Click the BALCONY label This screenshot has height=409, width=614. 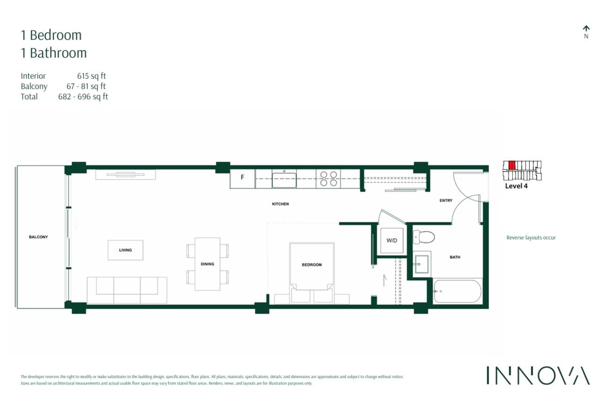tap(38, 237)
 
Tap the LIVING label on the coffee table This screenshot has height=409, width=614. tap(125, 250)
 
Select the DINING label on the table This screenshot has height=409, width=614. tap(207, 264)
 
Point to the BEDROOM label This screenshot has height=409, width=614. tap(312, 264)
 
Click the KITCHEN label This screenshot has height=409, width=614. tap(280, 204)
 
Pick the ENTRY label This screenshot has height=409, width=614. tap(446, 200)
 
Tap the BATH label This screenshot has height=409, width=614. tap(455, 257)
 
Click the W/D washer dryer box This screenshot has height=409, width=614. tap(391, 240)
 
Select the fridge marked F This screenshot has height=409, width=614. tap(243, 178)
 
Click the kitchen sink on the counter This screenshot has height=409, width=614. tap(284, 179)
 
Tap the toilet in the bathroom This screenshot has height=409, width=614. tap(424, 237)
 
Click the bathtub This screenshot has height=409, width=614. tap(457, 291)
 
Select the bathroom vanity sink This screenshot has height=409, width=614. tap(422, 264)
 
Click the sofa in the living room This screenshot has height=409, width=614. tap(126, 290)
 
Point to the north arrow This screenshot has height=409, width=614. tap(586, 29)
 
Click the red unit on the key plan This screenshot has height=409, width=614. tap(512, 165)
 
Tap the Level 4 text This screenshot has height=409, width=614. tap(516, 186)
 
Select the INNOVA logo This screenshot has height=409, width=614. tap(538, 375)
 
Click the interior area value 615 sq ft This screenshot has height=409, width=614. tap(92, 76)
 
